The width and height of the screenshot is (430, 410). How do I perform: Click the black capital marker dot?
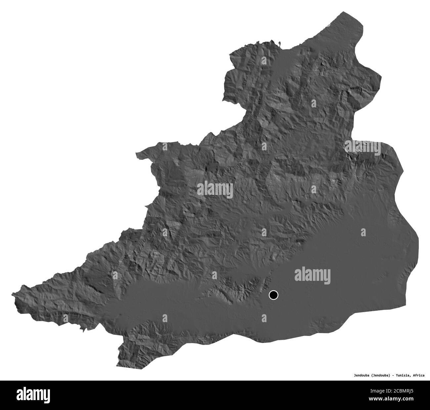274,294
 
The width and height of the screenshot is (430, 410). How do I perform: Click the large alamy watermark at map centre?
215,190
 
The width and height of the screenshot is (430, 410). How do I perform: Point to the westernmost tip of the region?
12,294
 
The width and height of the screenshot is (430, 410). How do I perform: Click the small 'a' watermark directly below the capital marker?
264,318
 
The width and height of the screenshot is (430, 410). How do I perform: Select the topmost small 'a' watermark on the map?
264,60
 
